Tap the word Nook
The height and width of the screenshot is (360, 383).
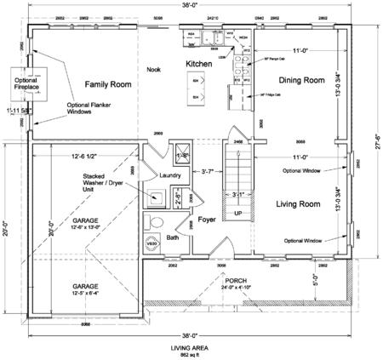(153, 70)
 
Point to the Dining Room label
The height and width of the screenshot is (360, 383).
(303, 80)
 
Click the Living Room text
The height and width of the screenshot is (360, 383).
(298, 204)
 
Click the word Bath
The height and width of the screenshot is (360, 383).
(173, 237)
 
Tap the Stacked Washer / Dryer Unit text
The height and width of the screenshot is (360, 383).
(106, 182)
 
